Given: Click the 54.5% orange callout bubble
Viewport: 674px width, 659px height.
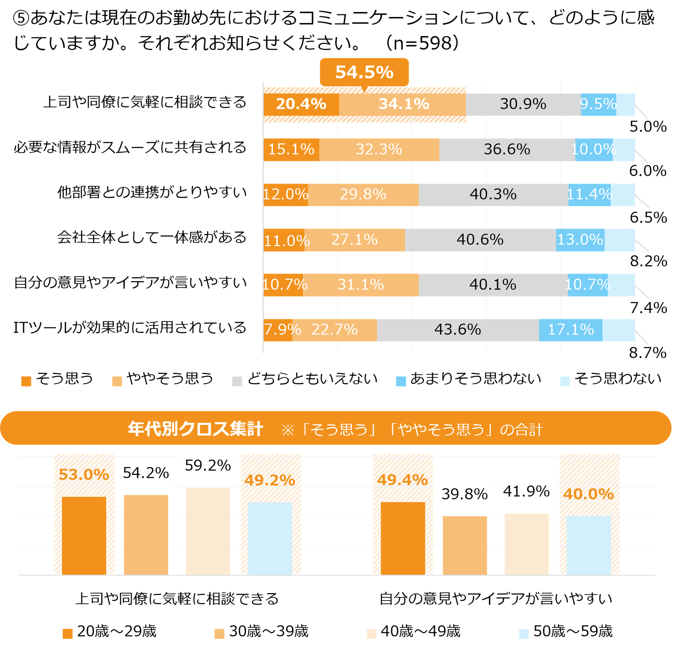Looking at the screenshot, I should [x=364, y=72].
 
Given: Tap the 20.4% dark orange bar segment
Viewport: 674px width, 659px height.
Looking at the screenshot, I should [x=301, y=104].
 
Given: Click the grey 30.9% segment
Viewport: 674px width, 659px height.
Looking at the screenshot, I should [x=523, y=104].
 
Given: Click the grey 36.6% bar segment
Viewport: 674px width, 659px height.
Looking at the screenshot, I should [x=507, y=150].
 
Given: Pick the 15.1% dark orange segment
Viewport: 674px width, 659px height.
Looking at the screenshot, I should [x=291, y=150].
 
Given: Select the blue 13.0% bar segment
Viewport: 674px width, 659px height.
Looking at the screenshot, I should [x=580, y=240].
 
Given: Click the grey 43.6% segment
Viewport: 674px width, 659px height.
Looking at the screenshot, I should [x=457, y=330].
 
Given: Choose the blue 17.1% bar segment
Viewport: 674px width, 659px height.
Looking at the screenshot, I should [x=571, y=330].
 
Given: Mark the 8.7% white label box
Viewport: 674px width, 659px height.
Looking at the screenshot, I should [x=648, y=353].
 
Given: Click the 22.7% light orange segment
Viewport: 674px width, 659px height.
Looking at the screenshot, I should [x=334, y=330].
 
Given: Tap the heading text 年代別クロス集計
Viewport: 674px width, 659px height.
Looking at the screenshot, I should [x=196, y=429].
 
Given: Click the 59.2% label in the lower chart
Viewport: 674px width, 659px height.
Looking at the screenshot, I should [x=208, y=466].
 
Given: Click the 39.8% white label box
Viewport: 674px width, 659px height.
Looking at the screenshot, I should [x=465, y=494].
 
